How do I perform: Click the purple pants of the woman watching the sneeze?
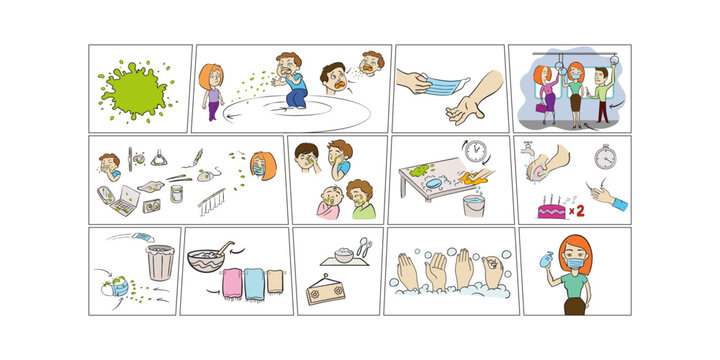(212, 107)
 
